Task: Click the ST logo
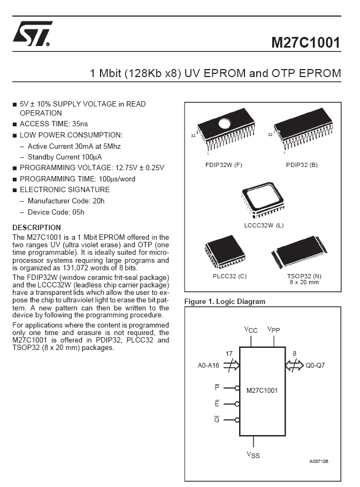tap(32, 34)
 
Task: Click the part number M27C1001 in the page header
tap(305, 43)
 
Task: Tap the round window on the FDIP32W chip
tap(224, 124)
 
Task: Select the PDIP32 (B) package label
tap(302, 165)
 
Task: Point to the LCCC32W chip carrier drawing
tap(262, 200)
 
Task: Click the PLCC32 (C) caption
tap(229, 276)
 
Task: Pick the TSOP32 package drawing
tap(300, 252)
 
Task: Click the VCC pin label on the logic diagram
tap(251, 330)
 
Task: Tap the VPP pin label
tap(274, 330)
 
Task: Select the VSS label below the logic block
tap(253, 455)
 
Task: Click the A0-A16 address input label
tap(208, 366)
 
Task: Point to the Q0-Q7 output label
tap(315, 365)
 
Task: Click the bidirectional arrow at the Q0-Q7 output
tap(294, 365)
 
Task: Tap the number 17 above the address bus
tap(229, 353)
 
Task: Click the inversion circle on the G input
tap(237, 420)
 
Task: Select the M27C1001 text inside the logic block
tap(262, 391)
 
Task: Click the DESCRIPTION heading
tap(36, 227)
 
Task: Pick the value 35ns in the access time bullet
tap(80, 124)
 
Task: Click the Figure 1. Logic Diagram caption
tap(225, 301)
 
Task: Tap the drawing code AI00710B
tap(318, 461)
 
